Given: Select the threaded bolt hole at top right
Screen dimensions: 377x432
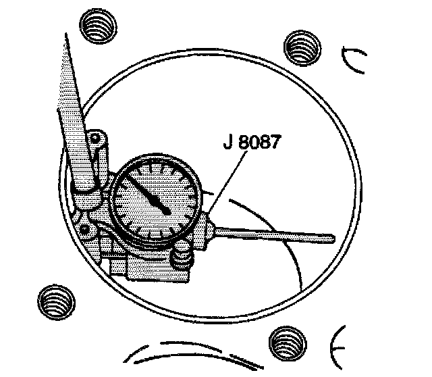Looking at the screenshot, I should [x=300, y=49].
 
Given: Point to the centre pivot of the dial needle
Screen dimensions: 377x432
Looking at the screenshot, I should [x=165, y=211].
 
